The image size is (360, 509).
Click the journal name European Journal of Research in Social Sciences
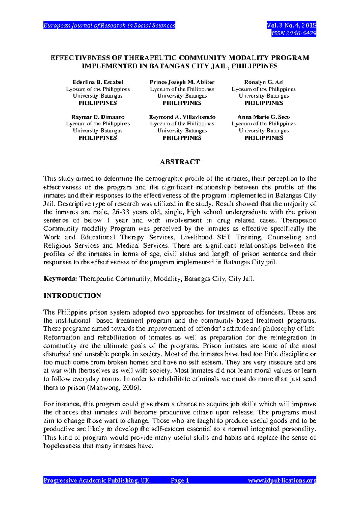[x=109, y=26]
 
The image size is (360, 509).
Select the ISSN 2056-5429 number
[x=294, y=33]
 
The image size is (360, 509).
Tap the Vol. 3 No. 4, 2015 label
[x=291, y=26]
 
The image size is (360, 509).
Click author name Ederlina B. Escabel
[x=98, y=82]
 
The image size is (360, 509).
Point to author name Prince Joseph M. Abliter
[x=182, y=82]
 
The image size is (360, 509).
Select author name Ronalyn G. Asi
[x=264, y=82]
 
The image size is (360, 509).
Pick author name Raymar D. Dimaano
[x=98, y=117]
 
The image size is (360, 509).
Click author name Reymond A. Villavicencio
[x=182, y=117]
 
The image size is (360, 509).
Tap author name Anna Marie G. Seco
[x=264, y=117]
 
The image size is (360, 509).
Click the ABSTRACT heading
[x=180, y=162]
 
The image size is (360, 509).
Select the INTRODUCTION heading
[x=72, y=296]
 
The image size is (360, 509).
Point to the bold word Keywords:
[x=60, y=279]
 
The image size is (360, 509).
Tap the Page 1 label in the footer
[x=180, y=480]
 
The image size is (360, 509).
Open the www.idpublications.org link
[x=282, y=480]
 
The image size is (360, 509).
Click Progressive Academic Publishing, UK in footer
[x=96, y=480]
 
